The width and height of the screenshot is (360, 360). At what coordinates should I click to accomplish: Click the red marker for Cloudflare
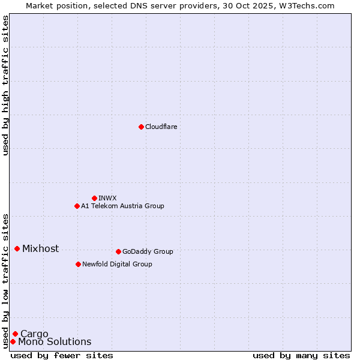coord(141,127)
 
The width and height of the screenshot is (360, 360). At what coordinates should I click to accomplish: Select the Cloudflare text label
coord(161,127)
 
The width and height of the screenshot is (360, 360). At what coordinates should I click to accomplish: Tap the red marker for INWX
coord(94,198)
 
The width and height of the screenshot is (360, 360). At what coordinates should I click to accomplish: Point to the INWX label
coord(107,198)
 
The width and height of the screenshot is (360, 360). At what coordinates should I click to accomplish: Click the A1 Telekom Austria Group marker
coord(77,206)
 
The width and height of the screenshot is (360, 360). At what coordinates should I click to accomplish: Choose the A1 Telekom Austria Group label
coord(122,206)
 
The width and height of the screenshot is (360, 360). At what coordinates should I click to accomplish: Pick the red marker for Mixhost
coord(17,248)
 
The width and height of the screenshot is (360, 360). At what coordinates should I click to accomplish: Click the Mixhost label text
coord(40,248)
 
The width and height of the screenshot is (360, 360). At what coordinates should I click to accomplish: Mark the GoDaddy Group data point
coord(118,251)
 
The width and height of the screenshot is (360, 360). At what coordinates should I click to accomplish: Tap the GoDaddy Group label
coord(148,251)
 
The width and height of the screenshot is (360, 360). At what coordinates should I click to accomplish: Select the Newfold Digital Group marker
coord(78,264)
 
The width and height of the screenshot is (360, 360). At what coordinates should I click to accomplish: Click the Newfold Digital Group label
coord(117,264)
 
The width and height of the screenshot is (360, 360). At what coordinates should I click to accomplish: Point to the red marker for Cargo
coord(15,334)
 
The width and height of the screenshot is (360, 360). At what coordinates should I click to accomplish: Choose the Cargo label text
coord(34,334)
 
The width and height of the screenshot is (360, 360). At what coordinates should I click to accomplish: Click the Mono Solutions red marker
coord(13,341)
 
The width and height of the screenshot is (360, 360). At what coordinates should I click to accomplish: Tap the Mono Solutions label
coord(55,342)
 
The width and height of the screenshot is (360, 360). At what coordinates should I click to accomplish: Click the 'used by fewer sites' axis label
coord(62,355)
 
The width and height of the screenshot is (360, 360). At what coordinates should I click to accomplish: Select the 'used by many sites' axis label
coord(301,355)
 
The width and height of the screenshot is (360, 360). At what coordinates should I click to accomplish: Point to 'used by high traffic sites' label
coord(5,85)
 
